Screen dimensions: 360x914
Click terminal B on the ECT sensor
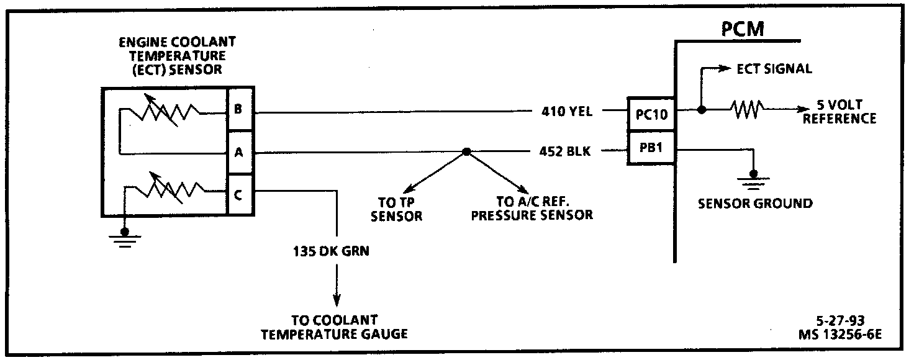(238, 110)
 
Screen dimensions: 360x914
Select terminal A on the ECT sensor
(238, 151)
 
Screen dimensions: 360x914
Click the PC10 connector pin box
(651, 114)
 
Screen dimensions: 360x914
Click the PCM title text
(743, 29)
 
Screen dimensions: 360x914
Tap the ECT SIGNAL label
(774, 69)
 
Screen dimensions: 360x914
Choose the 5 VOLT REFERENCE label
(839, 112)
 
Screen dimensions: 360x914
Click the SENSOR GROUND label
(755, 203)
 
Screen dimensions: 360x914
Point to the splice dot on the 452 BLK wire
(466, 151)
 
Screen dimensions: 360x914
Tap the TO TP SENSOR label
(400, 210)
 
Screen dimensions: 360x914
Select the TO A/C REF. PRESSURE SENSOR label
(532, 210)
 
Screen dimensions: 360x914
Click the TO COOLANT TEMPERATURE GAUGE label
(334, 327)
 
